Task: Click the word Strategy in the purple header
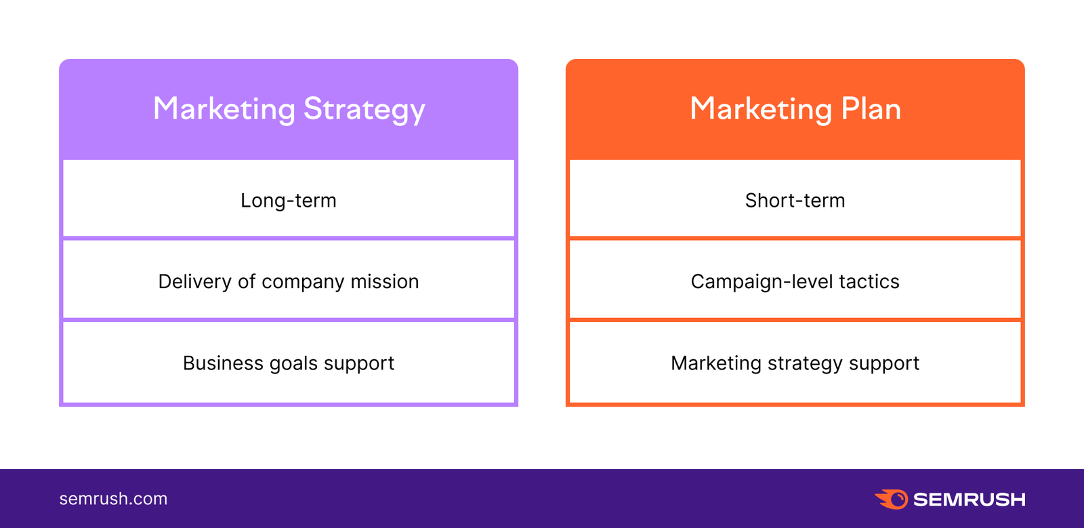tap(364, 110)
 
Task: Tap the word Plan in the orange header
tap(871, 108)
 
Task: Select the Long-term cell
tap(289, 201)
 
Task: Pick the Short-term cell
tap(795, 201)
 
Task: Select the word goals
tap(293, 364)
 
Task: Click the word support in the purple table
tap(359, 364)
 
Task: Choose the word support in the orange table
tap(884, 364)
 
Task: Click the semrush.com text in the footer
tap(113, 499)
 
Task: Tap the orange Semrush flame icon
tap(892, 499)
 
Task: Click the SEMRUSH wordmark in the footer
tap(969, 500)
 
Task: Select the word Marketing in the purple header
tap(224, 110)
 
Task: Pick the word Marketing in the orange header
tap(761, 110)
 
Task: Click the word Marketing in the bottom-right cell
tap(716, 364)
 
